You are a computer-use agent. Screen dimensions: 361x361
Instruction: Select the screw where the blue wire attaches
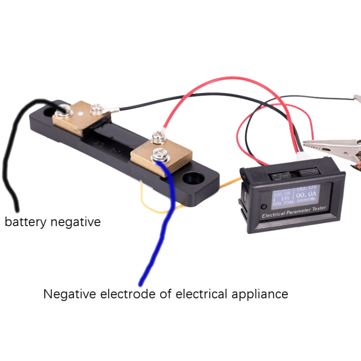coord(157,155)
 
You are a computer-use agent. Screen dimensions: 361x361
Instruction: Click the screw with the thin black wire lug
coord(96,106)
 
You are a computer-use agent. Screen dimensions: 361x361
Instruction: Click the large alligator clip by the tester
coord(332,144)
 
